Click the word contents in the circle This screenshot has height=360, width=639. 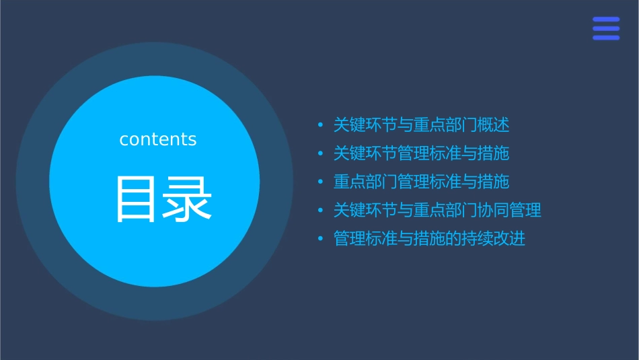point(158,139)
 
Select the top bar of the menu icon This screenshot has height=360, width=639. point(606,19)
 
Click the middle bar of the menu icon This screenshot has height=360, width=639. point(606,28)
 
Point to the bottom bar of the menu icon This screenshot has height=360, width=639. point(606,38)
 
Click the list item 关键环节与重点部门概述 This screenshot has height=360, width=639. point(421,124)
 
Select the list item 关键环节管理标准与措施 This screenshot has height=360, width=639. point(421,153)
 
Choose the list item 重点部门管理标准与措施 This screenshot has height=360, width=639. point(421,182)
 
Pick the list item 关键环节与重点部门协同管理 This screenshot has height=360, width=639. point(437,210)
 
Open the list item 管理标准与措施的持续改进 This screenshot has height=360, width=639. point(429,239)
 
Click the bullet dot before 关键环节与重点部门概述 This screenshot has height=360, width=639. point(320,125)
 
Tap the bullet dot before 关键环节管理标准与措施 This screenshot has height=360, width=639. point(320,154)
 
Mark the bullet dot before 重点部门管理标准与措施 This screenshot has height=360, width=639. point(320,182)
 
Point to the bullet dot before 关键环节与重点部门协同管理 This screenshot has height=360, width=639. point(320,211)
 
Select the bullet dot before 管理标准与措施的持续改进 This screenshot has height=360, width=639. point(320,240)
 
